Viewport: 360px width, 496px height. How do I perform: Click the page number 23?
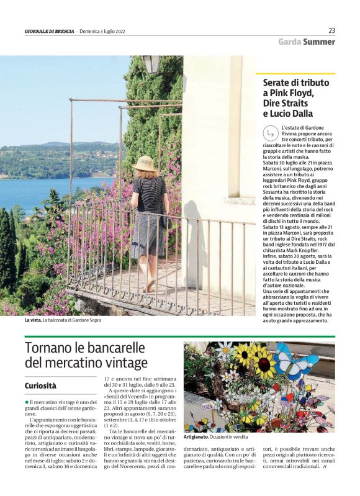click(x=331, y=30)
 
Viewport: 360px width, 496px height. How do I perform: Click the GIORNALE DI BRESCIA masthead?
click(x=50, y=32)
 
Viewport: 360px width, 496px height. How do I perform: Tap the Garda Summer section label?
click(x=306, y=42)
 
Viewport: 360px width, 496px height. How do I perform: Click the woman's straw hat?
click(x=145, y=163)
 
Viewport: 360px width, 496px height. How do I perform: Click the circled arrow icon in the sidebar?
click(x=270, y=132)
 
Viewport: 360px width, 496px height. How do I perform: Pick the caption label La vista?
click(x=32, y=320)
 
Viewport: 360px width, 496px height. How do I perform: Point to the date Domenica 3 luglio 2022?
click(x=104, y=32)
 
